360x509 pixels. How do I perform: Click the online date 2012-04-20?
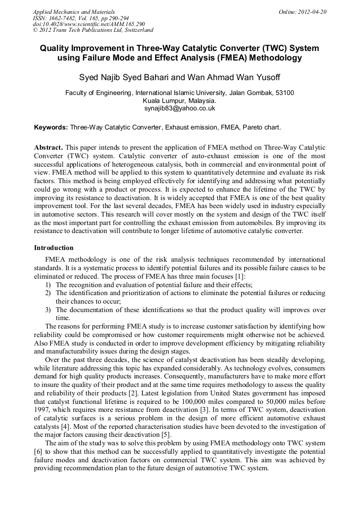[x=312, y=12]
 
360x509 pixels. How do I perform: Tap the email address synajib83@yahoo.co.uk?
[x=179, y=108]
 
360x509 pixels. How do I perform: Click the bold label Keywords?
[x=51, y=128]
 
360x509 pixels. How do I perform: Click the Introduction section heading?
[x=54, y=248]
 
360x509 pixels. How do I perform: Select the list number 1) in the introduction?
[x=48, y=285]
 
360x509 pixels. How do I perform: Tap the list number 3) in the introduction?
[x=48, y=309]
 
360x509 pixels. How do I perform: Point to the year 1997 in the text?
[x=42, y=410]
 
